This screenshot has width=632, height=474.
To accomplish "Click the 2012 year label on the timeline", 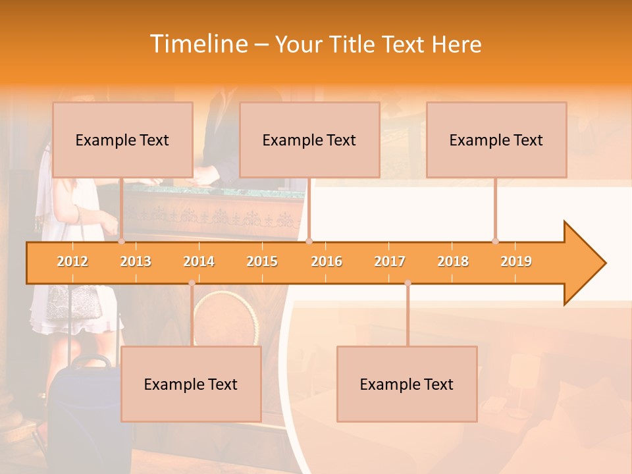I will coord(72,261).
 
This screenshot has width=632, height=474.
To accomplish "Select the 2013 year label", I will coord(136,261).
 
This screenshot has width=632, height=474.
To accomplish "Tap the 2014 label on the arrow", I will coord(199,261).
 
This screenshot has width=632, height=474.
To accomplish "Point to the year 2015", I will coord(262,261).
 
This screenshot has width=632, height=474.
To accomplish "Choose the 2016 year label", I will coord(327,261).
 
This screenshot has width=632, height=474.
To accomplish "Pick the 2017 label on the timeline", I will coord(390,261).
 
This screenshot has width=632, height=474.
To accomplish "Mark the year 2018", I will coord(453,261).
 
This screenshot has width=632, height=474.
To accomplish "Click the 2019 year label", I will coord(516,261).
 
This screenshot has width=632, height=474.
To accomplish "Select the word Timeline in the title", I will coord(197,44).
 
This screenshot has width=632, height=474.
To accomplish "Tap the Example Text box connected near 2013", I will coord(122,140).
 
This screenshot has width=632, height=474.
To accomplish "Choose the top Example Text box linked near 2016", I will coord(309,140).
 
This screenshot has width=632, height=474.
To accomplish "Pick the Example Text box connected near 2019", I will coord(496,140).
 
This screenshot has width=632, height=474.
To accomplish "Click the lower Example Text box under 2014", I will coord(191,384).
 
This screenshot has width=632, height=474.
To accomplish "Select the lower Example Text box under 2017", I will coord(407,384).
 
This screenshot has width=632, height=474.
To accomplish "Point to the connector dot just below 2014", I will coord(192,283).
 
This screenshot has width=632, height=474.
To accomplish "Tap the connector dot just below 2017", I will coord(408,283).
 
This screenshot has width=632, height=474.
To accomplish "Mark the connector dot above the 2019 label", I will coord(495,241).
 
